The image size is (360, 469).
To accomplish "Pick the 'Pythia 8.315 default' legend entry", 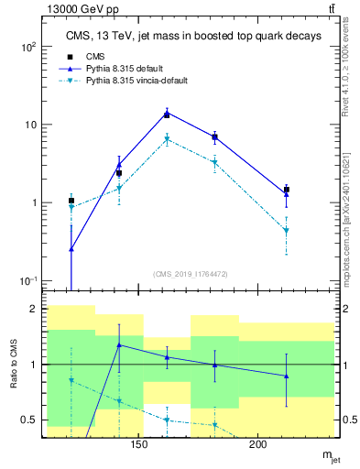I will tap(126, 68).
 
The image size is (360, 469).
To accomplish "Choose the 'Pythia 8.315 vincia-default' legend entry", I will tap(136, 81).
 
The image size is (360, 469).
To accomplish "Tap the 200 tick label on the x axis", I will tap(258, 445).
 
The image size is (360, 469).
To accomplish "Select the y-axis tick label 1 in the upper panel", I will tap(33, 203).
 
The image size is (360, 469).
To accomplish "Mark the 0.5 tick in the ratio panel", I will tap(29, 420).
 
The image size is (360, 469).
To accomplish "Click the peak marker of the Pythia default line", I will tap(167, 114).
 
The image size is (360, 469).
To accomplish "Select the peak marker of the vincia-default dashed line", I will tap(167, 139).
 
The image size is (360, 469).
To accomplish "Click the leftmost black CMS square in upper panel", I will tap(71, 201).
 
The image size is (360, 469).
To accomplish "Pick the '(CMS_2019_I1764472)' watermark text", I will tap(190, 273).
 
